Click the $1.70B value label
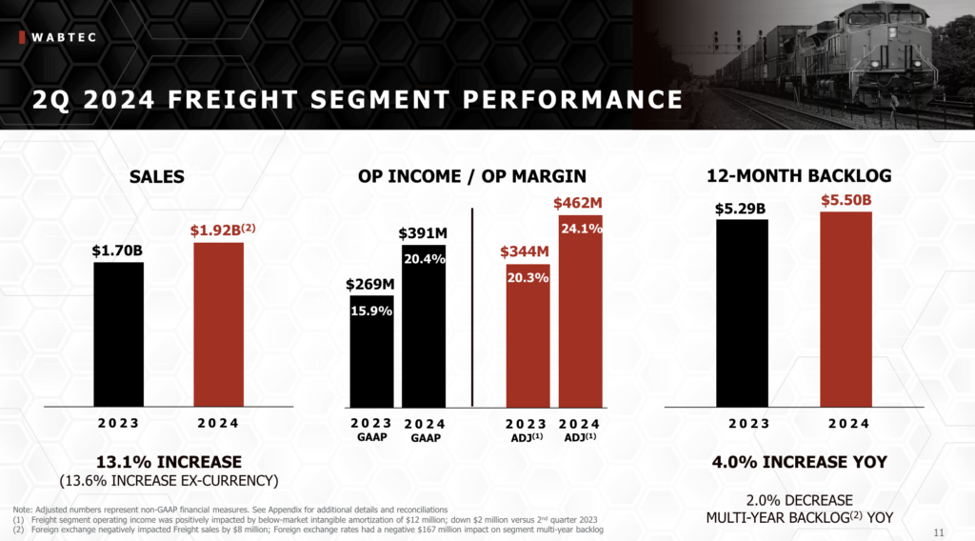click(118, 250)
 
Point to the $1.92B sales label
click(222, 230)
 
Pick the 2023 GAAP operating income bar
click(371, 352)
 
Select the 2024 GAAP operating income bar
click(424, 329)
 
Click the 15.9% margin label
click(371, 311)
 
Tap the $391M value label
click(423, 234)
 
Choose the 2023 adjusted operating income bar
click(527, 338)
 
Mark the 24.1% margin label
click(580, 229)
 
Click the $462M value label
click(579, 203)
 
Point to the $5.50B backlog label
click(846, 200)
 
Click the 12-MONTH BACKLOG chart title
click(799, 176)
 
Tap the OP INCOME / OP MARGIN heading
click(471, 176)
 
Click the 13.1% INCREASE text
click(169, 461)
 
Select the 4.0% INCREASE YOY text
click(799, 462)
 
